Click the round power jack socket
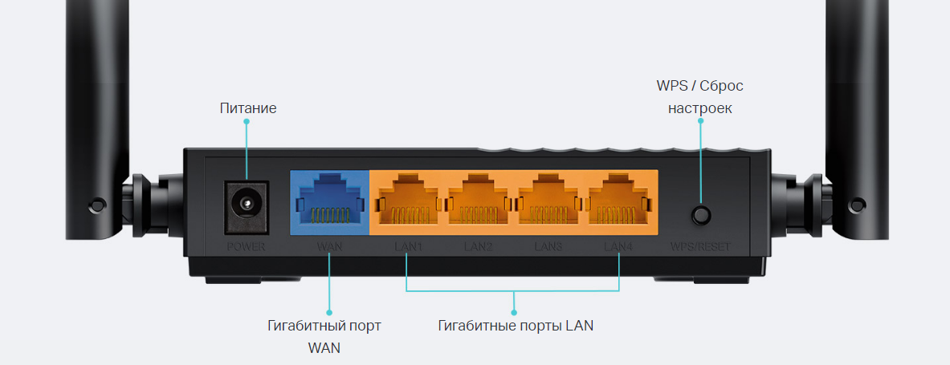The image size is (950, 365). coord(244,201)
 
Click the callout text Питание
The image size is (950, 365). coord(248,107)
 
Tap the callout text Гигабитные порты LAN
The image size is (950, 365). coord(516,326)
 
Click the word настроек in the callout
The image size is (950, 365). coord(699,107)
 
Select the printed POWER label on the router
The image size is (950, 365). coord(245,246)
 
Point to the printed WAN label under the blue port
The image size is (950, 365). coord(329,246)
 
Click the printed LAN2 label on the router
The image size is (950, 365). coord(478,246)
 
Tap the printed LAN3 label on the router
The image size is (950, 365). coord(548,246)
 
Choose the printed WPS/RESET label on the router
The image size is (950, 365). coord(700,246)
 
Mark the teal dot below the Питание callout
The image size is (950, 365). coord(247,122)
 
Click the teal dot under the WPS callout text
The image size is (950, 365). coord(700,122)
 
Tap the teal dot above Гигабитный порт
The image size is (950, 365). coord(329,312)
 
